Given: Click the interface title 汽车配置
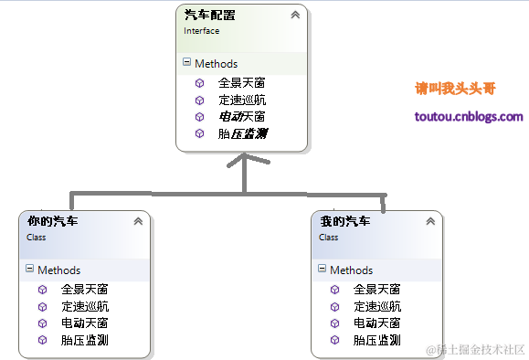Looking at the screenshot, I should (x=209, y=16).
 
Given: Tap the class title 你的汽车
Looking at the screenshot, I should (x=53, y=221).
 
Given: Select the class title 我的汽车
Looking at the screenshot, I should (x=344, y=221).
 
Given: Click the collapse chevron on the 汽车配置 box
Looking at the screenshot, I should (x=295, y=16).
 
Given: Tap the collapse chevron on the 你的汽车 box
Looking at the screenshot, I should (x=138, y=221).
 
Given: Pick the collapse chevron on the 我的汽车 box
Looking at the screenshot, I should (x=429, y=221).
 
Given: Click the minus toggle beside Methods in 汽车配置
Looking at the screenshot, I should (x=187, y=63).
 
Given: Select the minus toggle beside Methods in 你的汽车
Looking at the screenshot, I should (x=30, y=270).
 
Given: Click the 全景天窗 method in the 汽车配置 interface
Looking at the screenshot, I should (x=241, y=82).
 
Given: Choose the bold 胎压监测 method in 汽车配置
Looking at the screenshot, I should (x=242, y=133).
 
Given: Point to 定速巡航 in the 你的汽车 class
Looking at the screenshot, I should (x=85, y=306).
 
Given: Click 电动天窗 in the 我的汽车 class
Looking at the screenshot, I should (x=376, y=323).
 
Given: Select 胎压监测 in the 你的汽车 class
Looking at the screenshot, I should (x=85, y=340).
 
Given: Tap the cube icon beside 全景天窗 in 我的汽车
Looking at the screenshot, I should (x=334, y=289).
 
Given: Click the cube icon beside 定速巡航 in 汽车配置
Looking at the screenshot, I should (x=199, y=100).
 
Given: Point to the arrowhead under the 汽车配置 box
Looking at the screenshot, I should (x=243, y=162).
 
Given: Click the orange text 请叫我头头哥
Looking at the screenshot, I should (x=455, y=89).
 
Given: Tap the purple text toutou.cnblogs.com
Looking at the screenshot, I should (x=469, y=117).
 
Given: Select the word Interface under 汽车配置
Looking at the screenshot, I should (x=201, y=30).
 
